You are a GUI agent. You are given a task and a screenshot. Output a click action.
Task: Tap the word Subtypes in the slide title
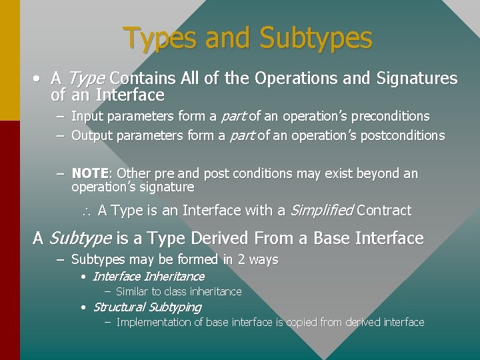(x=315, y=38)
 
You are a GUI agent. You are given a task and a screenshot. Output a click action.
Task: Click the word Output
(x=92, y=135)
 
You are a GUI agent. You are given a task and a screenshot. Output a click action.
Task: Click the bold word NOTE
(x=91, y=173)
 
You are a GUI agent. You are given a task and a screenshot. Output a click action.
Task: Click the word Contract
(x=384, y=211)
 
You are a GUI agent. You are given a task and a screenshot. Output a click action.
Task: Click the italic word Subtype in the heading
(x=80, y=238)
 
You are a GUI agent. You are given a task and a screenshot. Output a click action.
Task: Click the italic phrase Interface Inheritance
(x=148, y=276)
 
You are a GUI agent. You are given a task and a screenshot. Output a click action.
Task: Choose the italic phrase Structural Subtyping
(x=147, y=307)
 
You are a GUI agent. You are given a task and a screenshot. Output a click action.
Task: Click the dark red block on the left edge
(x=9, y=240)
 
